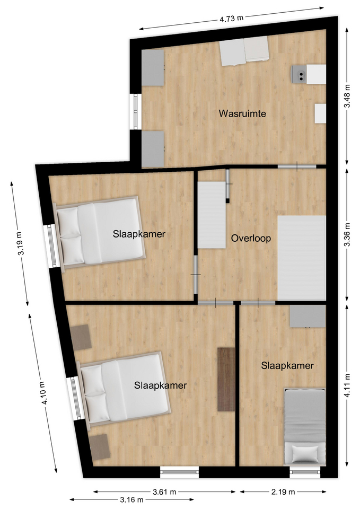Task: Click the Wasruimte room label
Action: [242, 113]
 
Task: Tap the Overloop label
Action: [251, 238]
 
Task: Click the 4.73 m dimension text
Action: [232, 19]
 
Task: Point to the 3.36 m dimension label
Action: [347, 234]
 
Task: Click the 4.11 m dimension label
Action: [347, 385]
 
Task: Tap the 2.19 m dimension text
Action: [283, 492]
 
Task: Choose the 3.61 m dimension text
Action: [164, 492]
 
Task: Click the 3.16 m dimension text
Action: [131, 499]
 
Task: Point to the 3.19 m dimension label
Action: [20, 243]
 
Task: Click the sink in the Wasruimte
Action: [300, 74]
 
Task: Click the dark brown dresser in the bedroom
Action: [226, 380]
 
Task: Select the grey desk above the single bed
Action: [308, 316]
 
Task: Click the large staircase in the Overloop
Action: [302, 258]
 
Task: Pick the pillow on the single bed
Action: [305, 454]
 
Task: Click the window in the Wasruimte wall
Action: [135, 112]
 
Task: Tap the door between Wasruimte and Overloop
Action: [297, 166]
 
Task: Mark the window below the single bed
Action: [305, 471]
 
